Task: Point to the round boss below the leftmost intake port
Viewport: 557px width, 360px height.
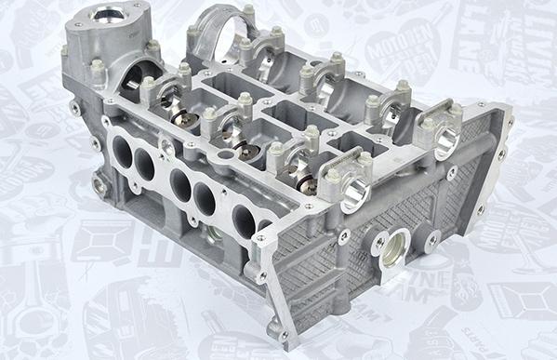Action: [99, 186]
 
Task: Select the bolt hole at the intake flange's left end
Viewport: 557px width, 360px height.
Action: [75, 108]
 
